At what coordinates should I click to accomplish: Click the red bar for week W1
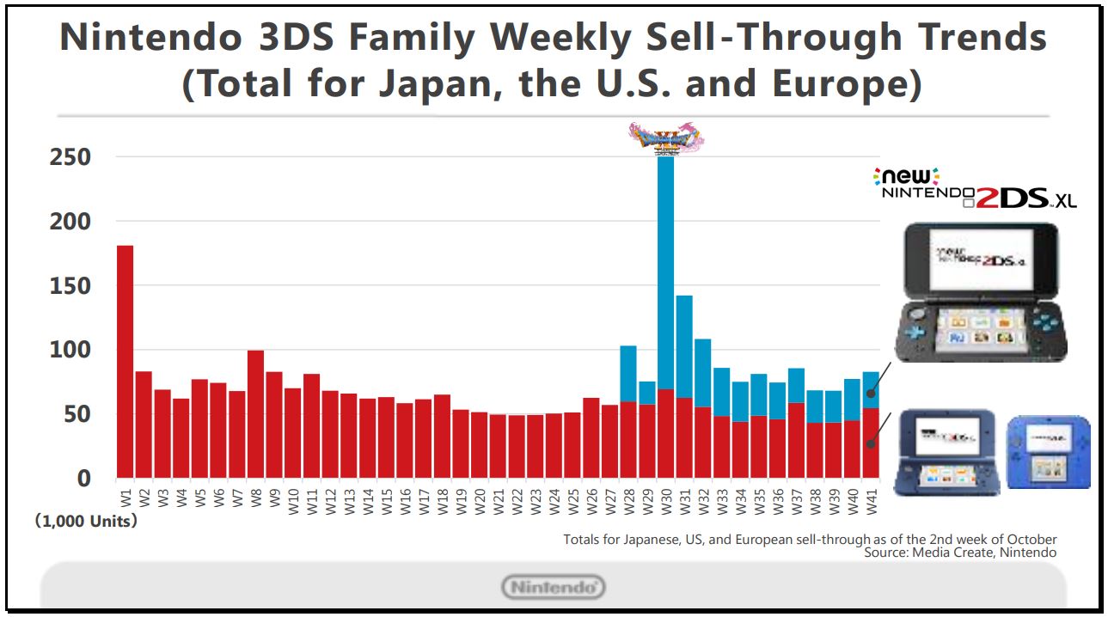125,361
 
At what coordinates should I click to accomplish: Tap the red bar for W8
255,413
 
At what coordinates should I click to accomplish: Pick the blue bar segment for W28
628,373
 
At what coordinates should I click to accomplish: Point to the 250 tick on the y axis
72,157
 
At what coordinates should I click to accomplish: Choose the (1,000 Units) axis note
86,521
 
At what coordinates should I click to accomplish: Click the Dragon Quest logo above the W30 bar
666,137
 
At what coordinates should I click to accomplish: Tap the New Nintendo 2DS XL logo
973,187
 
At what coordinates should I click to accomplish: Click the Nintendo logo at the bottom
554,588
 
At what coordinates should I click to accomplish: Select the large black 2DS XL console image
980,292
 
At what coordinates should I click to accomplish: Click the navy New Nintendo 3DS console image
946,452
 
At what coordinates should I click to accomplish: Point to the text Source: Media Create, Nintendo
960,553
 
